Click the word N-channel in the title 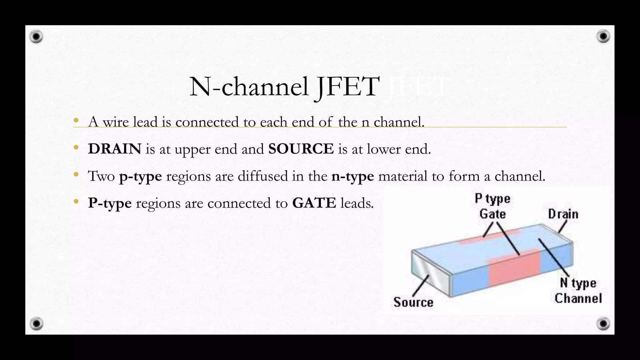pos(249,87)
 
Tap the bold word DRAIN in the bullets pos(115,149)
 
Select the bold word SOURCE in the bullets pos(301,149)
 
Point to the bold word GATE pos(314,203)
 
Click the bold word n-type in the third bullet pos(352,176)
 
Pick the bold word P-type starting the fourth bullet pos(110,203)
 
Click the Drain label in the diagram pos(563,214)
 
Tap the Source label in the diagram pos(413,302)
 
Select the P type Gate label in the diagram pos(492,206)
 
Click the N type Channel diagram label pos(578,291)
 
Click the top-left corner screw pos(36,37)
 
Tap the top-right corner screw pos(603,37)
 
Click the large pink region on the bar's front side pos(514,269)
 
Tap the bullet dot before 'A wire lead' pos(76,121)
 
